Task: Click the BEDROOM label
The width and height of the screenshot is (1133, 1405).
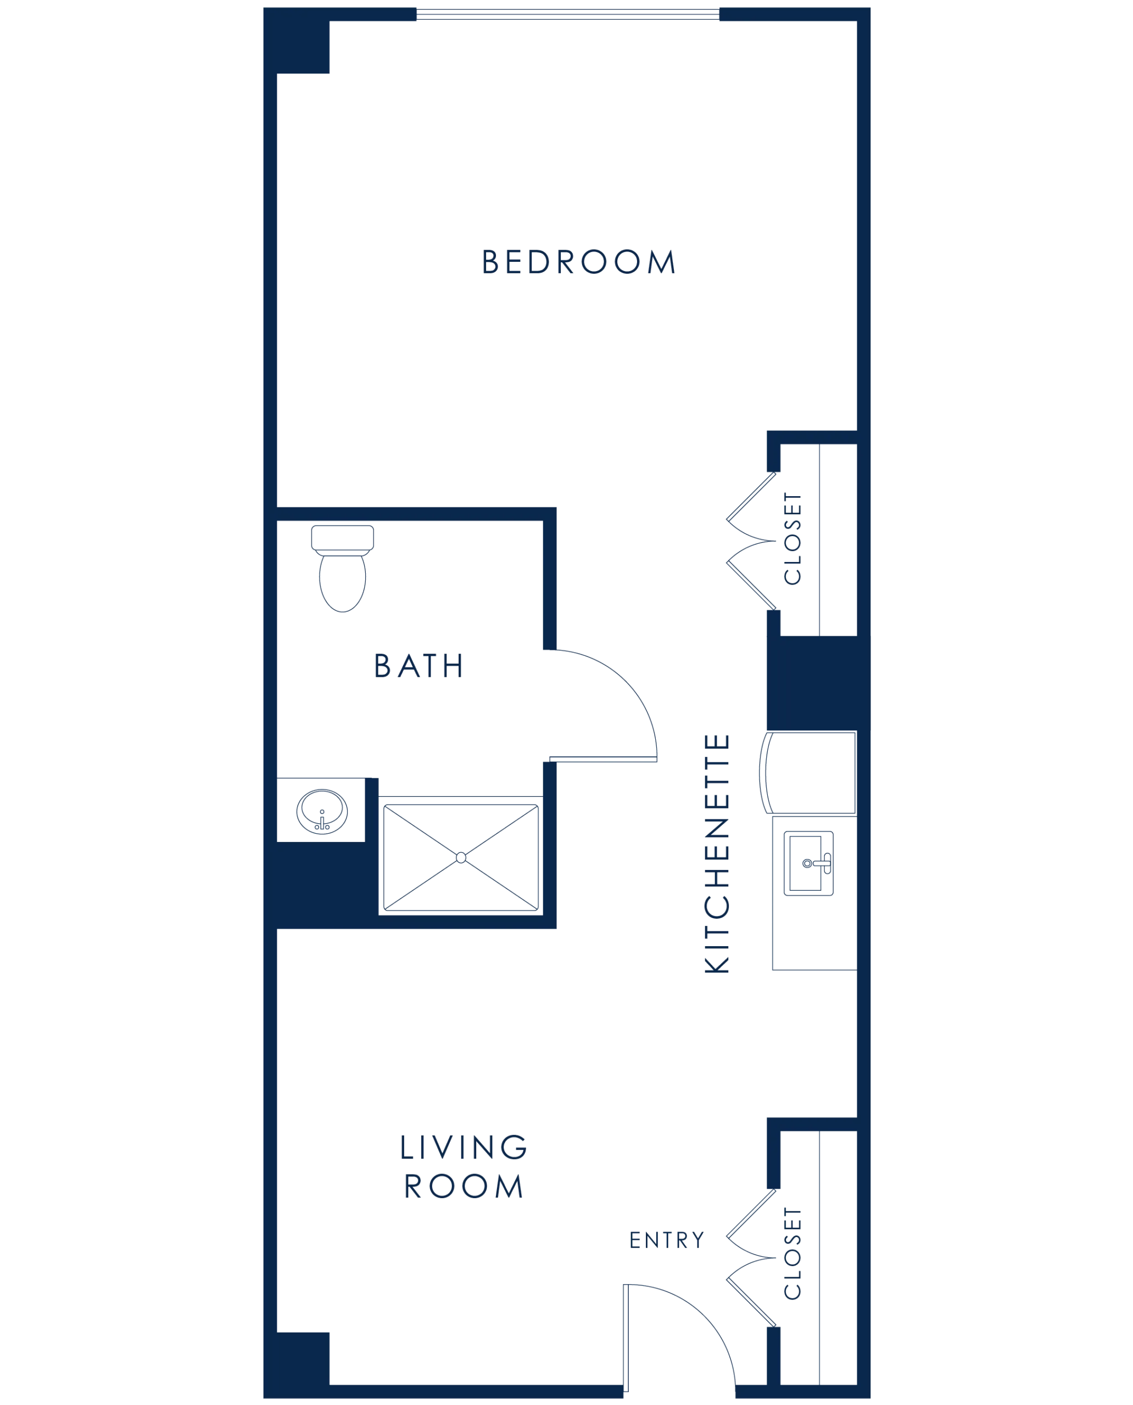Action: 579,262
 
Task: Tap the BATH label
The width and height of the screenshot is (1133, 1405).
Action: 418,666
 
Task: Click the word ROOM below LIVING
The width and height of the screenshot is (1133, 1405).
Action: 464,1185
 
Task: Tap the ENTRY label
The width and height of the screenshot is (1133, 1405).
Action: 666,1241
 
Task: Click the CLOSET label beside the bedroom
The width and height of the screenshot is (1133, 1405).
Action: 794,541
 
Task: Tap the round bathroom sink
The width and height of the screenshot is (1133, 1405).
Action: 322,811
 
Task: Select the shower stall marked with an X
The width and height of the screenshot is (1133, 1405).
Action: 461,857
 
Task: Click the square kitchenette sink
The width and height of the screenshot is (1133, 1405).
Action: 808,864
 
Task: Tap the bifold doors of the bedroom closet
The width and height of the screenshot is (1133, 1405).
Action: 751,541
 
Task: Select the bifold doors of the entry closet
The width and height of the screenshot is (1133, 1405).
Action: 751,1255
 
